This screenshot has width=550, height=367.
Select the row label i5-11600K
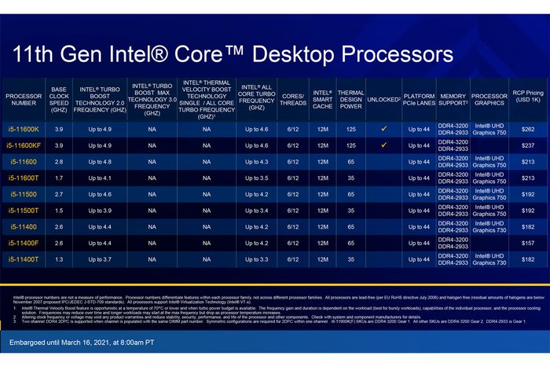click(x=24, y=128)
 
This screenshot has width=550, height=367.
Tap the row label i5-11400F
click(x=24, y=243)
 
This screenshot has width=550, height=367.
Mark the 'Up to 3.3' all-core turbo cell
click(x=256, y=259)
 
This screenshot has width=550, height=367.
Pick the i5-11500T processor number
click(x=24, y=210)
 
